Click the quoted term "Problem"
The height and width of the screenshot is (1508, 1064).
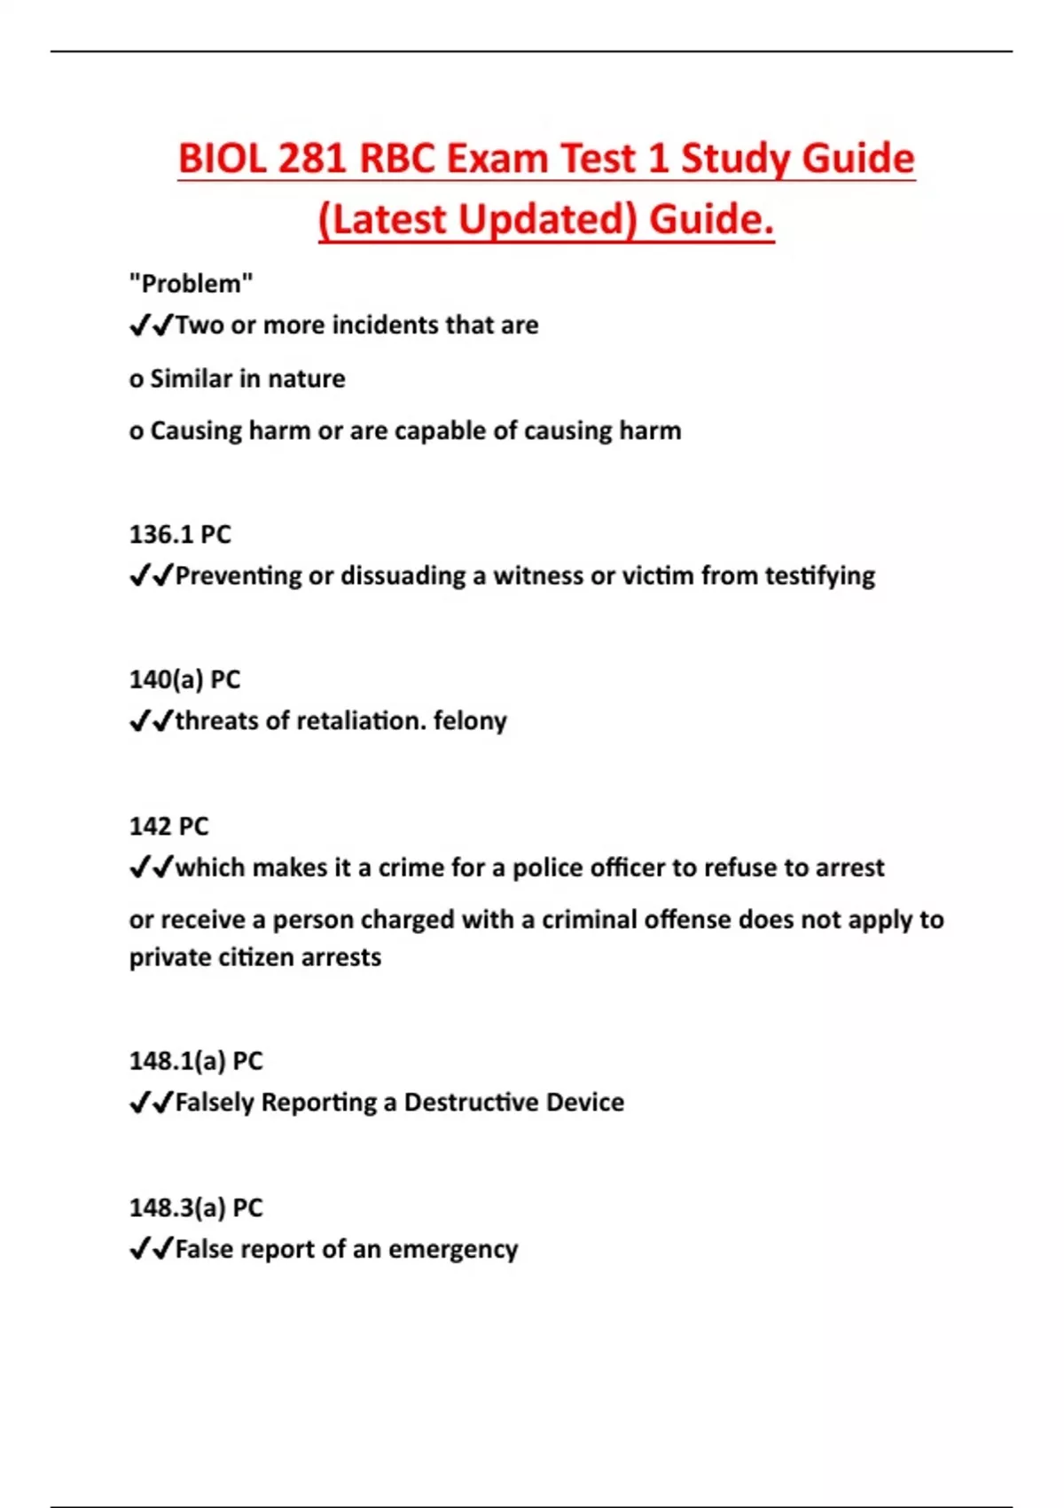click(191, 284)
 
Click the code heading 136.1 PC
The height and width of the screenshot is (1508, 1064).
click(180, 535)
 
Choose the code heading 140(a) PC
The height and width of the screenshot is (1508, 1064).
click(184, 679)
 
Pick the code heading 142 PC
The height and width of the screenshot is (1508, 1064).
click(168, 827)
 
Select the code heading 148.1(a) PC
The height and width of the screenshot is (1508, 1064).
click(196, 1061)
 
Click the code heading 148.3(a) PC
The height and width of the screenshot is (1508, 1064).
click(196, 1208)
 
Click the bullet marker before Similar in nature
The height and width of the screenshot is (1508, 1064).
click(136, 381)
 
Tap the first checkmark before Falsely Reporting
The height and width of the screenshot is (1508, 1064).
click(139, 1103)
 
